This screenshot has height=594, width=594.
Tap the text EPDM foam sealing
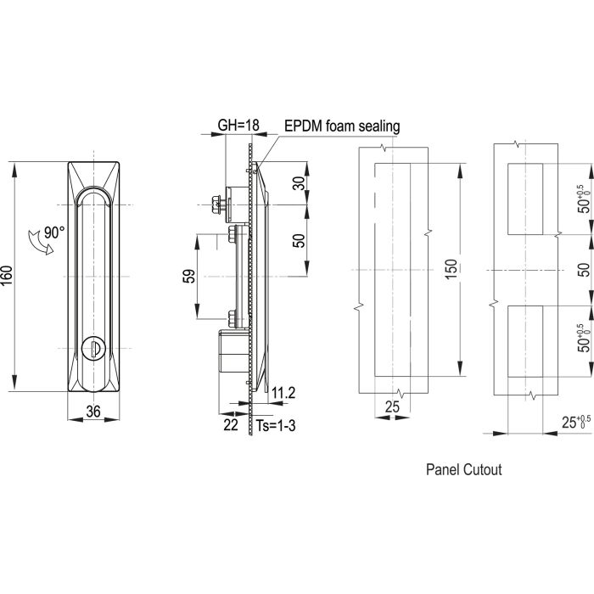point(342,126)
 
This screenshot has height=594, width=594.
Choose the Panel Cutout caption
point(462,468)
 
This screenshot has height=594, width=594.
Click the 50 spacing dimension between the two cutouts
point(582,269)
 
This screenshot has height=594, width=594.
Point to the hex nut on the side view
point(215,204)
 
